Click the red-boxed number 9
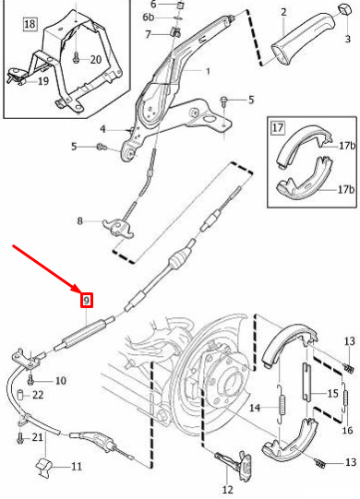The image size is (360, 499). (87, 301)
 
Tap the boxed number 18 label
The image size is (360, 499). (30, 24)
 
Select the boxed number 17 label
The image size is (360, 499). (278, 128)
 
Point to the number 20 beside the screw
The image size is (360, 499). (96, 60)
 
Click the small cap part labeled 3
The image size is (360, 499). (343, 9)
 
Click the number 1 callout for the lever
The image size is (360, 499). (208, 71)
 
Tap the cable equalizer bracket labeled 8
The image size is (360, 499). (118, 228)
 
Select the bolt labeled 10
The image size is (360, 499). (30, 379)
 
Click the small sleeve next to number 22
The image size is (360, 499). (20, 395)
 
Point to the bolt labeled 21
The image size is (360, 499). (20, 438)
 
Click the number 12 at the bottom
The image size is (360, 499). (227, 490)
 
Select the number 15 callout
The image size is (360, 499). (333, 393)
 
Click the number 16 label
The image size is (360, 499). (347, 430)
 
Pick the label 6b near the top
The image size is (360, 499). (148, 17)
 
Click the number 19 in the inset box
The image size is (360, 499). (43, 81)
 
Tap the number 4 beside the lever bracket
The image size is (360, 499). (102, 129)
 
